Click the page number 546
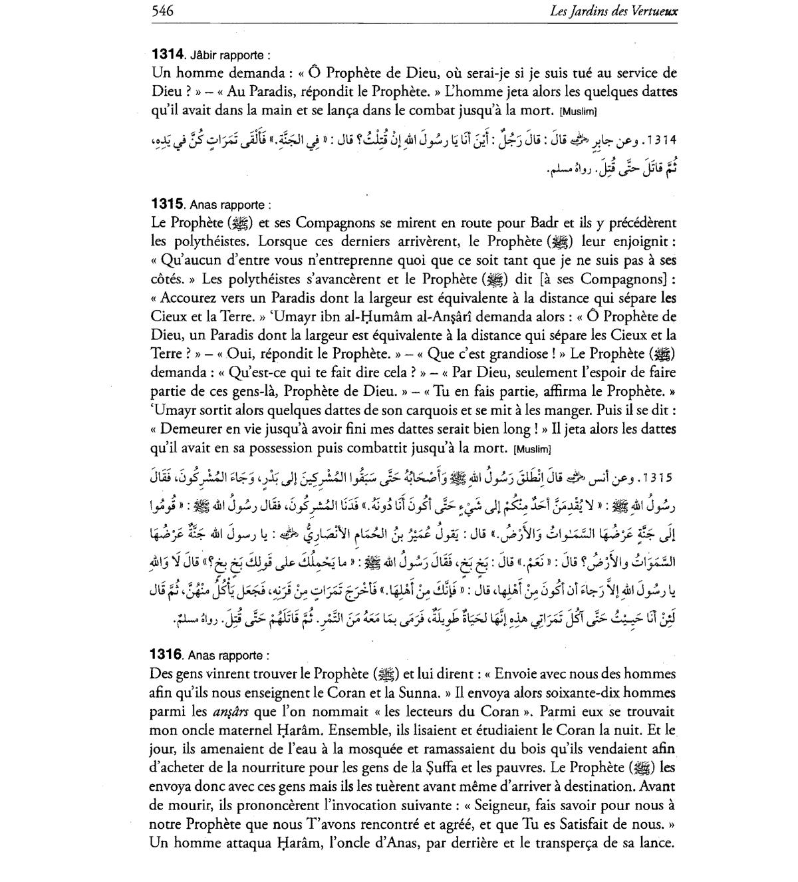pos(163,11)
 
